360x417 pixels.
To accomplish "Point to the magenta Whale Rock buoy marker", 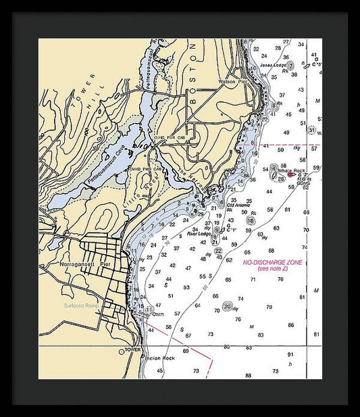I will [292, 176].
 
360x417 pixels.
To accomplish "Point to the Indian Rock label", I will [160, 358].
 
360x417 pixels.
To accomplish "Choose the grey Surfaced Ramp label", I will [82, 305].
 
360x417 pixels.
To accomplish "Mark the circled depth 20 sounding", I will [228, 306].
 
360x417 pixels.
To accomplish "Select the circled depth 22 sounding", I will [218, 251].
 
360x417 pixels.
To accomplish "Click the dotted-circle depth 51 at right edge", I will [311, 129].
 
